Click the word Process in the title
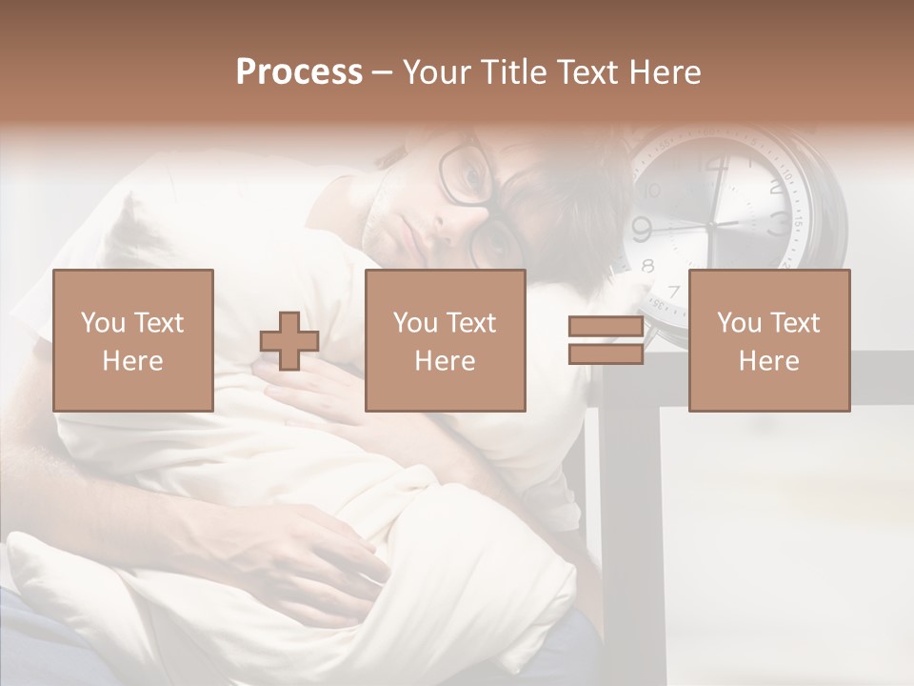[x=299, y=72]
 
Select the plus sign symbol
[x=289, y=341]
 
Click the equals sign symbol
[x=606, y=340]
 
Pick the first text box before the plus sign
[x=132, y=341]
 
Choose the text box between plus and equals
[x=445, y=341]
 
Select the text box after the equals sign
[x=768, y=341]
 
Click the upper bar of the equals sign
[x=606, y=327]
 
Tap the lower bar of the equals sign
[x=606, y=353]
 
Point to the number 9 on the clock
[x=642, y=229]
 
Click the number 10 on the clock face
[x=652, y=191]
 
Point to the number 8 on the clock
[x=648, y=266]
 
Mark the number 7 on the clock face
[x=674, y=291]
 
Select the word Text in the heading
[x=587, y=72]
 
